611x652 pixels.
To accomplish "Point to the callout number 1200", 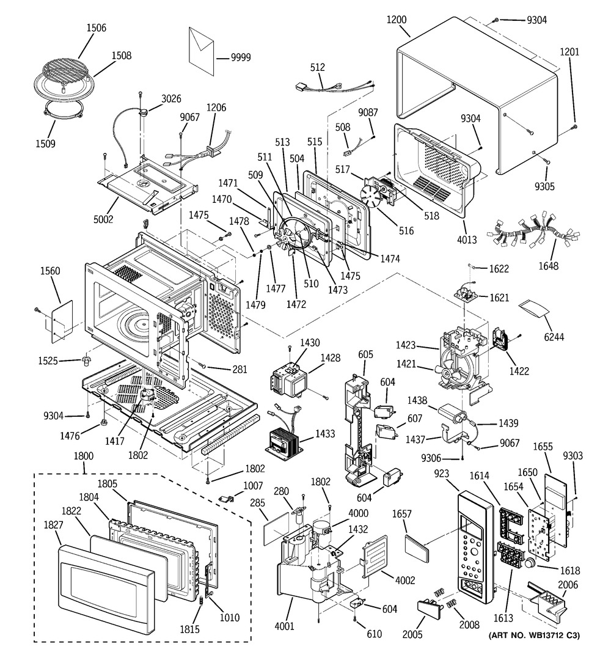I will [x=397, y=19].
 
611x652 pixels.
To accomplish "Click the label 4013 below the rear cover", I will [x=467, y=240].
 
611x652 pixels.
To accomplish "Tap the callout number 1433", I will [x=325, y=434].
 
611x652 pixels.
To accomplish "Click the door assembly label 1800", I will [x=84, y=455].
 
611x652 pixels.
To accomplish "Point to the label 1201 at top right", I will [x=569, y=53].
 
